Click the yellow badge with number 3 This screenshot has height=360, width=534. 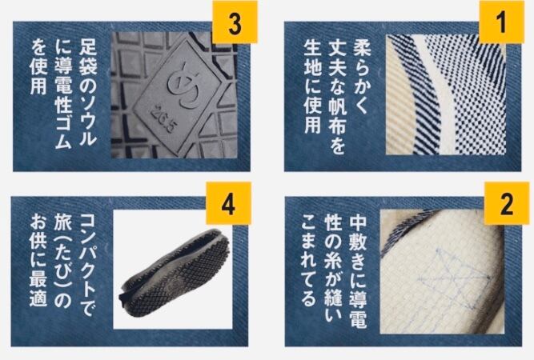point(235,22)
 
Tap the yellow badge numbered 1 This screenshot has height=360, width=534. point(501,22)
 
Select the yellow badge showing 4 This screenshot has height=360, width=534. point(228,203)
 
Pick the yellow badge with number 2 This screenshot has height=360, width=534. point(507,203)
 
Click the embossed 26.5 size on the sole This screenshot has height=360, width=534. point(164,119)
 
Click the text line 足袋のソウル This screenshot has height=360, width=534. point(88,92)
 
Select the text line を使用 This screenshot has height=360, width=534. point(38,66)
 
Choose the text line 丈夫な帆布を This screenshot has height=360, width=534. point(337,96)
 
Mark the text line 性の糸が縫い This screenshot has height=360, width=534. point(333,269)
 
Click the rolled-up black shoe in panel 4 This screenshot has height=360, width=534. point(175,274)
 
